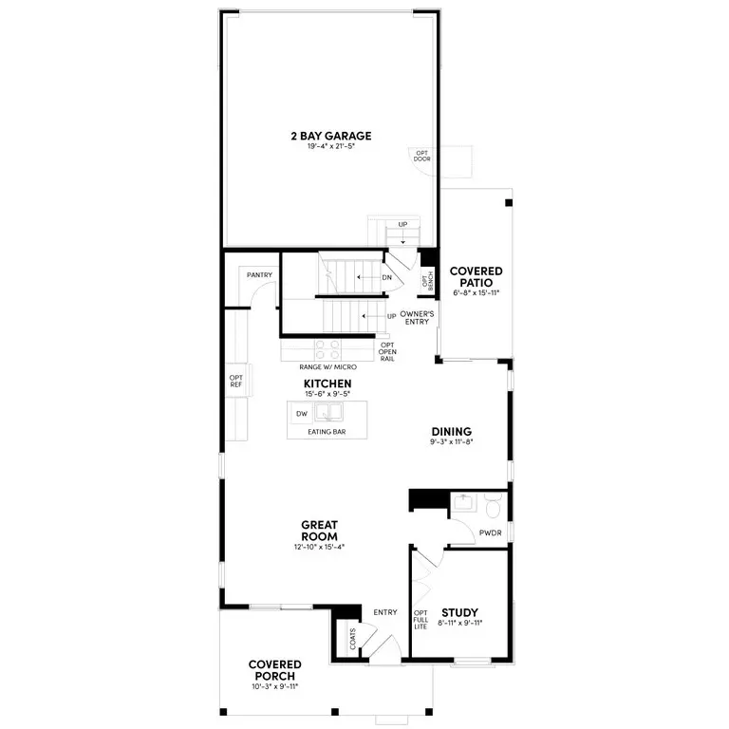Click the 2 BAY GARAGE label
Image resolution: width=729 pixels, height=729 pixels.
(x=331, y=136)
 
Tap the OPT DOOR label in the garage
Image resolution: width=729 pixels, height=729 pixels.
(x=422, y=157)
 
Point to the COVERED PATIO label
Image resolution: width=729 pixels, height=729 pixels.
(x=477, y=276)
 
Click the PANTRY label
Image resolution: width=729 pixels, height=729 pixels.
(x=259, y=275)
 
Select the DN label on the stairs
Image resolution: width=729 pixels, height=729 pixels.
(x=387, y=277)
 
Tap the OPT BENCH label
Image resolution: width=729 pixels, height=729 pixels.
(x=428, y=281)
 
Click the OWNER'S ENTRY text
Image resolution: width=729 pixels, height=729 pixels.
(x=417, y=318)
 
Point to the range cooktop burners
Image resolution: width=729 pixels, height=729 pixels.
(x=327, y=349)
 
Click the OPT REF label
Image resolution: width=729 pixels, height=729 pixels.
(x=236, y=382)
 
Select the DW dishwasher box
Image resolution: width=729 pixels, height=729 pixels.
(x=302, y=413)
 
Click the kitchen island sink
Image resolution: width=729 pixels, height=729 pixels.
(x=328, y=412)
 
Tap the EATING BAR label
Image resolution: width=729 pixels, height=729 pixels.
(x=327, y=432)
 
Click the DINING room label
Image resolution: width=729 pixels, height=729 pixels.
(x=452, y=432)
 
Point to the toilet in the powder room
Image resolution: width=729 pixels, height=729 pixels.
(x=494, y=506)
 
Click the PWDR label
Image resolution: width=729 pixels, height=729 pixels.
(x=491, y=533)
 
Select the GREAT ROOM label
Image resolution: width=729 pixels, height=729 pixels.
(x=319, y=531)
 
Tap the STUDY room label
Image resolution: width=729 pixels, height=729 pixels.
(x=459, y=612)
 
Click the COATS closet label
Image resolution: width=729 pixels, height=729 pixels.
(x=353, y=639)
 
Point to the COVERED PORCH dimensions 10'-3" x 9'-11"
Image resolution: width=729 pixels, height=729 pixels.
(x=274, y=686)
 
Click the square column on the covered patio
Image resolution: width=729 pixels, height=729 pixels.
(x=509, y=203)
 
